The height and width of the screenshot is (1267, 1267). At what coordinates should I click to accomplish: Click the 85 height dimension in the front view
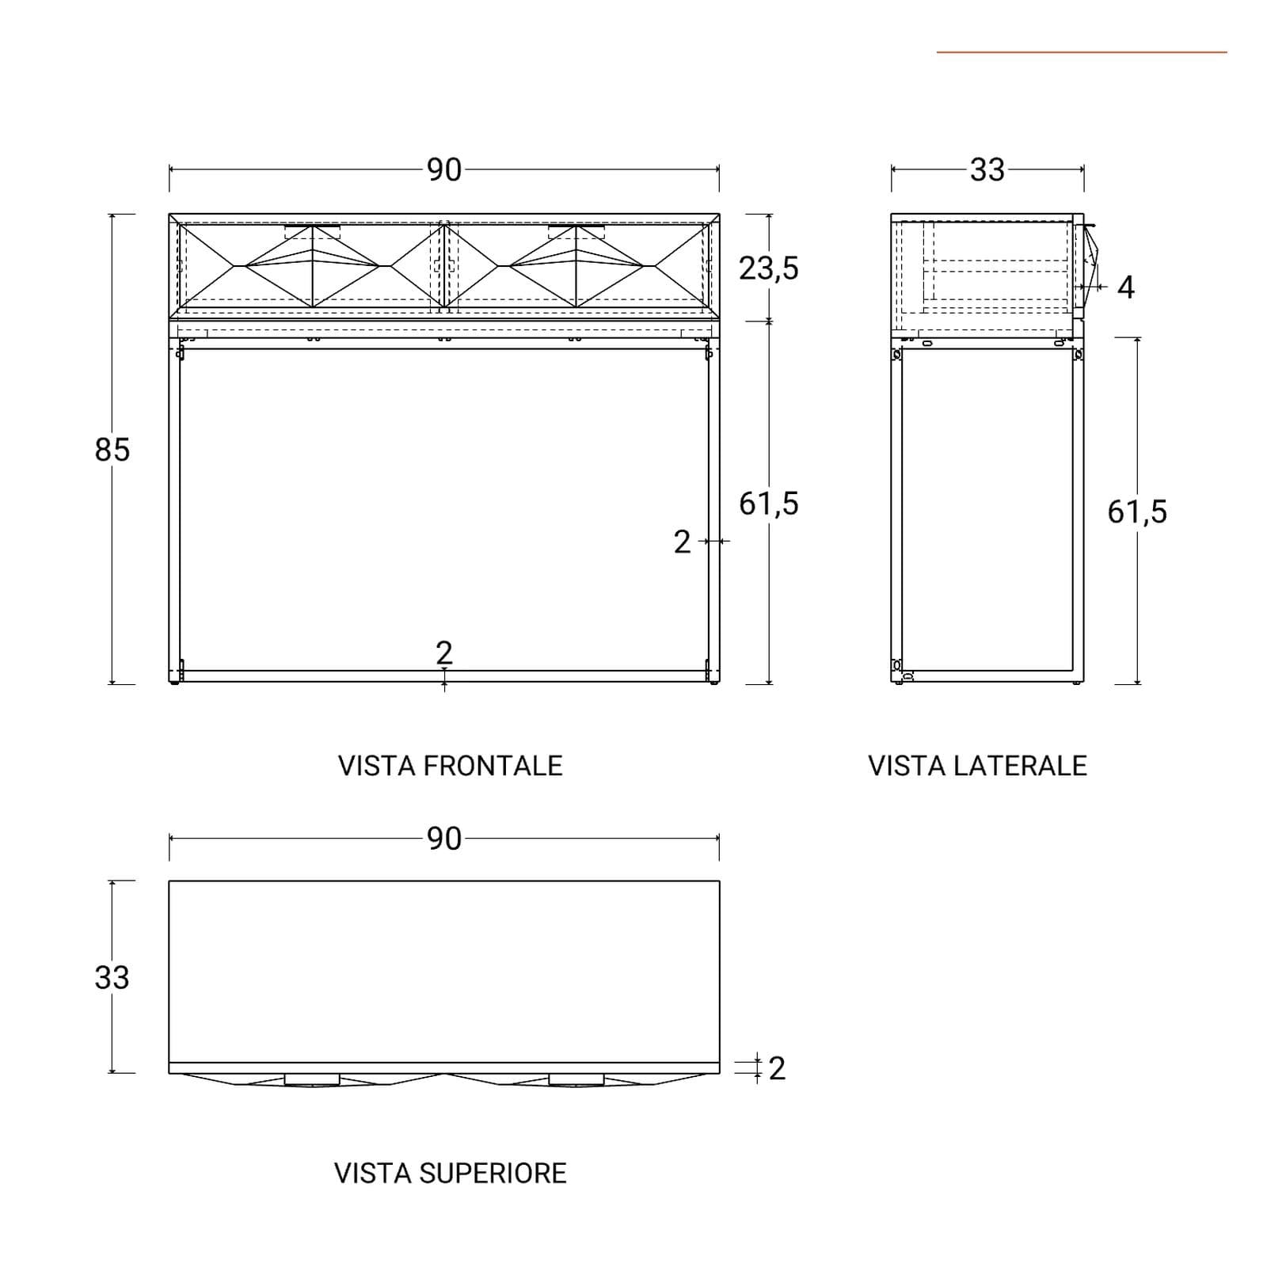(112, 450)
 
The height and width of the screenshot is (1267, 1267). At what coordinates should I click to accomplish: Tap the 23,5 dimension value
(769, 269)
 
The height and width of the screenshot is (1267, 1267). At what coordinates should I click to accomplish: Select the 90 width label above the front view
(444, 170)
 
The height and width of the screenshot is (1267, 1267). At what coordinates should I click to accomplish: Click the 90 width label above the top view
(444, 839)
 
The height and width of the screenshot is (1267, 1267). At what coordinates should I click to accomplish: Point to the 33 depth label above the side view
(987, 170)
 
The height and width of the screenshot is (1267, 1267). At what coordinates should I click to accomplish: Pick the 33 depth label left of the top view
(112, 978)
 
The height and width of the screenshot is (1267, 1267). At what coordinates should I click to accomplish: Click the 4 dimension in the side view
(1126, 287)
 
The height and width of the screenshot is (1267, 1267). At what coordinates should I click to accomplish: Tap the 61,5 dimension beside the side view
(1137, 512)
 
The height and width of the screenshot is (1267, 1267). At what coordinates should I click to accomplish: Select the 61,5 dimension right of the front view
(769, 504)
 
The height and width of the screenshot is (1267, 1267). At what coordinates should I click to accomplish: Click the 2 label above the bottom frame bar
(444, 653)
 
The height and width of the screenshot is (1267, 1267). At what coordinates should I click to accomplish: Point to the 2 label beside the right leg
(683, 542)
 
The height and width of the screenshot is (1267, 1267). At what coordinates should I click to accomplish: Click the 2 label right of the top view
(777, 1069)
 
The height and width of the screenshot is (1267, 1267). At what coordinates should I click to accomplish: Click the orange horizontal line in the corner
(1082, 52)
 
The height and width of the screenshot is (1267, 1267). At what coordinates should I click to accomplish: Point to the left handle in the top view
(312, 1079)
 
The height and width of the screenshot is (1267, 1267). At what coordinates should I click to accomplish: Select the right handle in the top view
(576, 1079)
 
